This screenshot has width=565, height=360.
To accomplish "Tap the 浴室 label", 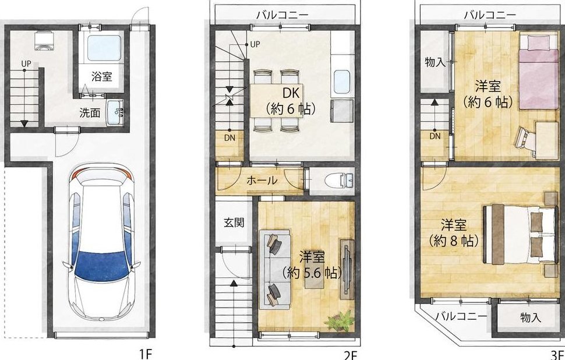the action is tap(101, 76).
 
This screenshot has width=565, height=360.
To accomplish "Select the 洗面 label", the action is tap(90, 113).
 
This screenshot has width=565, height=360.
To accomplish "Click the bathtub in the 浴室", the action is tap(104, 48).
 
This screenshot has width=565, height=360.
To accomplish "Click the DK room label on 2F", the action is tap(291, 93).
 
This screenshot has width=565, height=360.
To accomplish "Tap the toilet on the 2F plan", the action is tap(339, 180).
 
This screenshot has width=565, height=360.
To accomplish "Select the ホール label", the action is tap(262, 180).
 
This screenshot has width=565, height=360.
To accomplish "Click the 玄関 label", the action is tap(234, 223).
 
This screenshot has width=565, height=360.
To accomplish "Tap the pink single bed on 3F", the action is tap(538, 72).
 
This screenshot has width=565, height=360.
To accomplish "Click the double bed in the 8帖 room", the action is tap(520, 234).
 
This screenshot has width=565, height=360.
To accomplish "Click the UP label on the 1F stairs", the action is tap(26, 63).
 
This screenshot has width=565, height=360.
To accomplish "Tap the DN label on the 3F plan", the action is tap(435, 136).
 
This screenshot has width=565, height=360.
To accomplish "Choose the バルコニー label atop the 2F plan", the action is tap(282, 15).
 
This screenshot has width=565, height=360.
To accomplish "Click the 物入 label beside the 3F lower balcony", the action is tap(531, 317).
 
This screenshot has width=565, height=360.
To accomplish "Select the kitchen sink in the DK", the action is tap(342, 82).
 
